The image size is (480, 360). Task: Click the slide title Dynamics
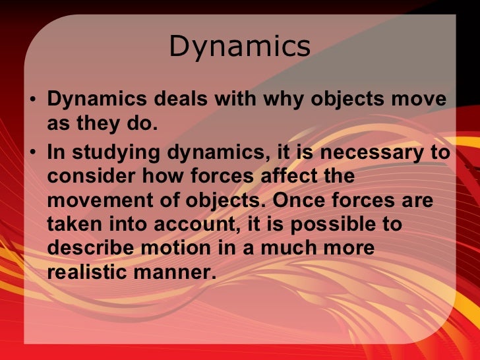(239, 47)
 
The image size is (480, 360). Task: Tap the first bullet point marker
(34, 102)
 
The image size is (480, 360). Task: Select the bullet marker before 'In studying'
(34, 154)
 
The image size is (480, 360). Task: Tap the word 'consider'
(84, 177)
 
